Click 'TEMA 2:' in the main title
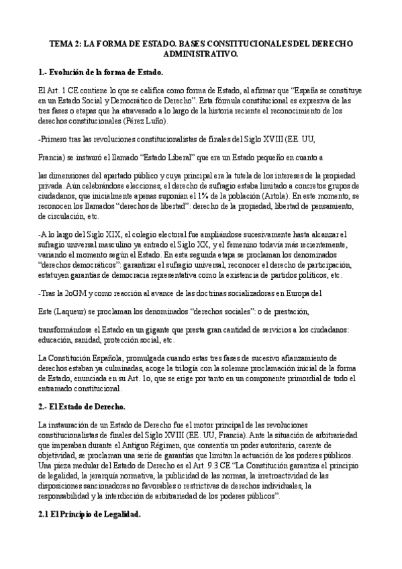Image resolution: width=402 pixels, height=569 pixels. [x=64, y=43]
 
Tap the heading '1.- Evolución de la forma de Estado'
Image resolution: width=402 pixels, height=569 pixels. [x=101, y=72]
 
